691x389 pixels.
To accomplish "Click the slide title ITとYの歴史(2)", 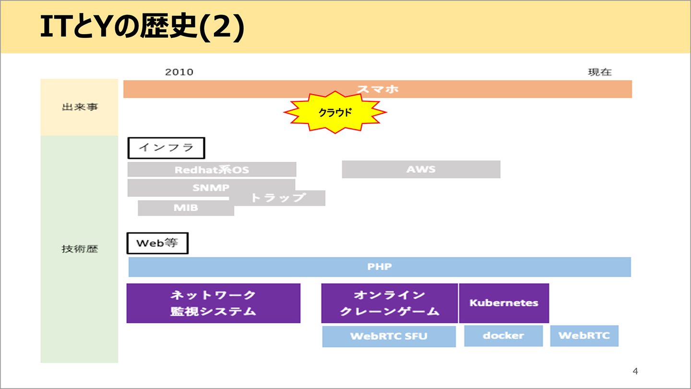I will pos(142,28).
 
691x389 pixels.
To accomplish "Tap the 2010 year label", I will pos(179,72).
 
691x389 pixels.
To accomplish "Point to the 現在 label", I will pos(600,72).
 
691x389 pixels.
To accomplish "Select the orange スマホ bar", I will pos(378,89).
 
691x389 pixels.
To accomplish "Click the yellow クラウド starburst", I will pos(335,112).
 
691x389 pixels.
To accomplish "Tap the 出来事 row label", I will pos(80,107).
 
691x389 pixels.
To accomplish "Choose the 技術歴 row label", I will pos(80,249).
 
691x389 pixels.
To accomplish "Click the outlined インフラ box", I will pos(166,148).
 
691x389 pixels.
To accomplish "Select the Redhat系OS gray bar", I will pos(212,170).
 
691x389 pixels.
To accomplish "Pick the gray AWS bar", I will pos(421,170).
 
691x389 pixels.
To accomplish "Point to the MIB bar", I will pos(186,208).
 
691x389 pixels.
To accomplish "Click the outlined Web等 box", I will pos(157,243).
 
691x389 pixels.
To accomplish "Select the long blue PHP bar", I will pos(380,267).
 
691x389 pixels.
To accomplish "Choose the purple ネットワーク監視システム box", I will pos(213,303).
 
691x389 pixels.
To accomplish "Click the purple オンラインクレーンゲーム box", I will pos(389,303).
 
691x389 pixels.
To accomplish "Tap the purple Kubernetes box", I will pos(504,303).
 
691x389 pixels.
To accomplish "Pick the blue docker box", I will pos(503,336).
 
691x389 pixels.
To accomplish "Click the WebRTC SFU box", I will pos(389,336).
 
